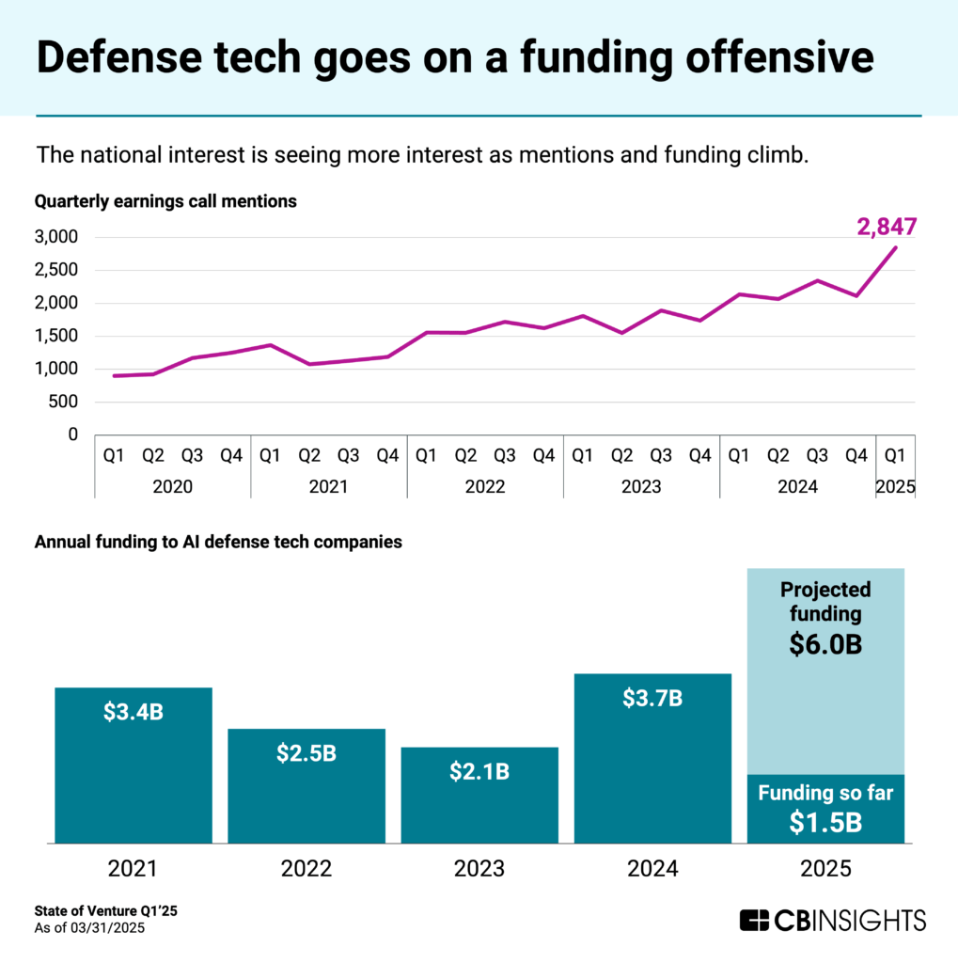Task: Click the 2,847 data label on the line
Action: pyautogui.click(x=887, y=228)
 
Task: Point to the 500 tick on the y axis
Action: pyautogui.click(x=64, y=402)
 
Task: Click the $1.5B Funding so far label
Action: pyautogui.click(x=825, y=822)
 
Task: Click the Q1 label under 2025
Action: pyautogui.click(x=895, y=456)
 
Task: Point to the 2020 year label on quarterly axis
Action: pyautogui.click(x=172, y=487)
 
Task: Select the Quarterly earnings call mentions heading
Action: pyautogui.click(x=165, y=200)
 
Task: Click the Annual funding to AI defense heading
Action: pyautogui.click(x=218, y=542)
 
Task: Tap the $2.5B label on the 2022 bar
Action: pyautogui.click(x=306, y=754)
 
